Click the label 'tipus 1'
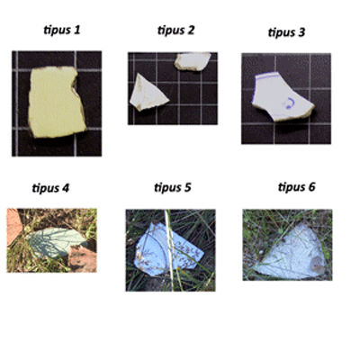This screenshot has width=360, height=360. [62, 31]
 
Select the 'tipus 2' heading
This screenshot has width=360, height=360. [176, 31]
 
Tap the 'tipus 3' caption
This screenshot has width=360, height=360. [286, 32]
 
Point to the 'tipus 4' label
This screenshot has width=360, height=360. [50, 188]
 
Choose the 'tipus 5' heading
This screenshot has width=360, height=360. [173, 187]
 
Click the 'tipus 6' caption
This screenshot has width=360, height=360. [297, 187]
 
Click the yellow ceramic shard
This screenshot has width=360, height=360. [56, 102]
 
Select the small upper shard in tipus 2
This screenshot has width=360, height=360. [192, 61]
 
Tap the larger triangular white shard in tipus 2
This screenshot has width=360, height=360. [147, 94]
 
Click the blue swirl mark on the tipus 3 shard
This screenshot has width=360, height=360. [289, 103]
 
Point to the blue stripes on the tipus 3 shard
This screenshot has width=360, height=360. [267, 76]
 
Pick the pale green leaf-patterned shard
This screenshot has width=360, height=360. [56, 242]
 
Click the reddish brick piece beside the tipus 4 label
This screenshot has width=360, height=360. [13, 226]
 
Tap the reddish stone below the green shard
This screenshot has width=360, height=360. [83, 258]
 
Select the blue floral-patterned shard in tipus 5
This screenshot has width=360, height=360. [168, 249]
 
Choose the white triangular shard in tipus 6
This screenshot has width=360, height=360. [295, 255]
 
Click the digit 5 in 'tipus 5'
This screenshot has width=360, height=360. [187, 187]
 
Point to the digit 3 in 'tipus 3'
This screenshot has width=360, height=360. [301, 31]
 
